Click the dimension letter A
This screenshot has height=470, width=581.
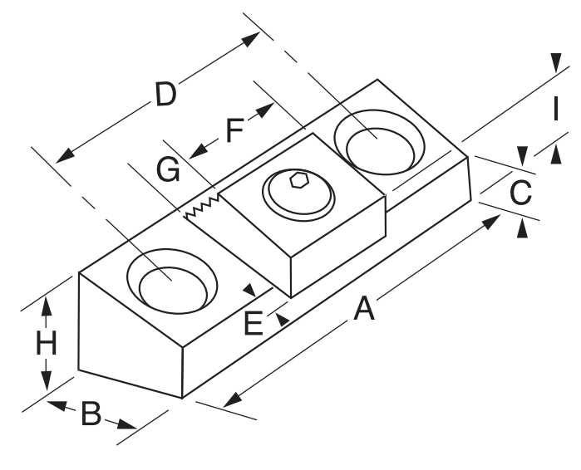tap(363, 309)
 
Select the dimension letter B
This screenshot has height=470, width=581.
tap(91, 414)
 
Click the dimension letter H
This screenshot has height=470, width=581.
tap(47, 343)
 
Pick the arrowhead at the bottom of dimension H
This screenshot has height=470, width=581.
tap(47, 382)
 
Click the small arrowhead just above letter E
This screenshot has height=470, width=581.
tap(249, 289)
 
